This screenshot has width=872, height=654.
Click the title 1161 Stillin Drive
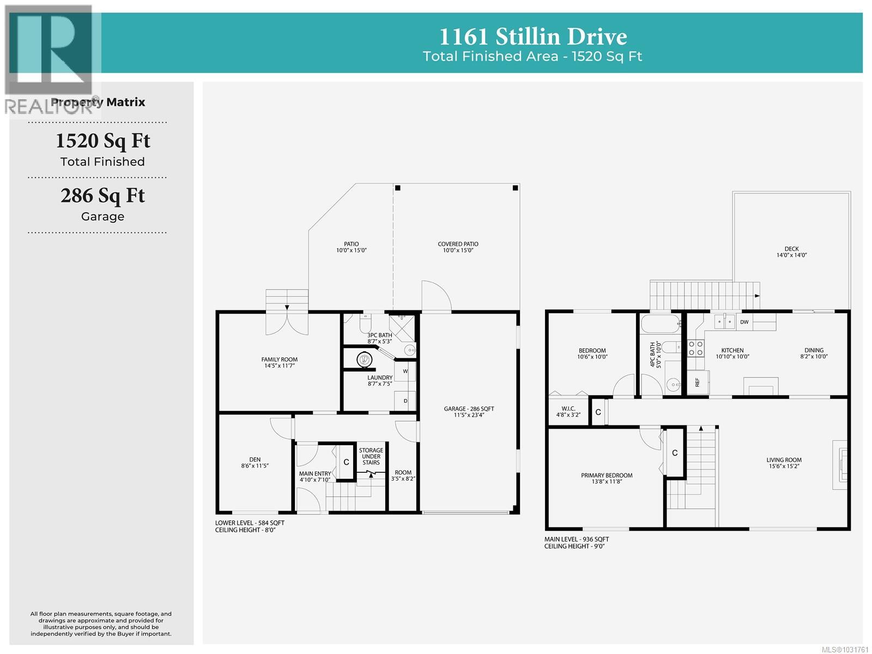pyautogui.click(x=532, y=37)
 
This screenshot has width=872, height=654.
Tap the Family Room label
pyautogui.click(x=279, y=362)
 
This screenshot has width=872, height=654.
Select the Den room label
pyautogui.click(x=255, y=463)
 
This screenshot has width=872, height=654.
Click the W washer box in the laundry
pyautogui.click(x=405, y=371)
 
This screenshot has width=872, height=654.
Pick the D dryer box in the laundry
pyautogui.click(x=405, y=401)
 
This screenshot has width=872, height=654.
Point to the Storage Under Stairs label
pyautogui.click(x=371, y=457)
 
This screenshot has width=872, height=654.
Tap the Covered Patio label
pyautogui.click(x=458, y=247)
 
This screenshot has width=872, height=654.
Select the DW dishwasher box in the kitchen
pyautogui.click(x=744, y=322)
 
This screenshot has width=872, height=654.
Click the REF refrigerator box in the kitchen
pyautogui.click(x=698, y=382)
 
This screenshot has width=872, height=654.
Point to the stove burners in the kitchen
pyautogui.click(x=695, y=348)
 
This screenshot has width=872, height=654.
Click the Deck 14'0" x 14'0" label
pyautogui.click(x=791, y=251)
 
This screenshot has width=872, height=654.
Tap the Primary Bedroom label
pyautogui.click(x=607, y=478)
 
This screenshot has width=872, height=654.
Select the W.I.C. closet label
pyautogui.click(x=568, y=411)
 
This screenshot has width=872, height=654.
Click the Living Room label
pyautogui.click(x=784, y=463)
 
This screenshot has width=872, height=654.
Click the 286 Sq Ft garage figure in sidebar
pyautogui.click(x=102, y=195)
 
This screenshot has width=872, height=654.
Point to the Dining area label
pyautogui.click(x=814, y=353)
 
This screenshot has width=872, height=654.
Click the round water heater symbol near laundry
pyautogui.click(x=364, y=359)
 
